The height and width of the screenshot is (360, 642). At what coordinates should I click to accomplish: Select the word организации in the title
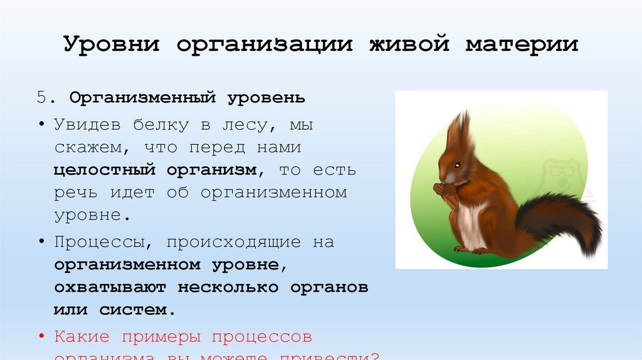pyautogui.click(x=263, y=46)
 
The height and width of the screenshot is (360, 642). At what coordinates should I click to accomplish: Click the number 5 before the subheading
pyautogui.click(x=41, y=98)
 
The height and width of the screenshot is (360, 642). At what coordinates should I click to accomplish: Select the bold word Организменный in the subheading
pyautogui.click(x=143, y=98)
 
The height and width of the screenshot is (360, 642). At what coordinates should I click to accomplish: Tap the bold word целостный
pyautogui.click(x=104, y=170)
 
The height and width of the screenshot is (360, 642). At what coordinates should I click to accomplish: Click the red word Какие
pyautogui.click(x=82, y=337)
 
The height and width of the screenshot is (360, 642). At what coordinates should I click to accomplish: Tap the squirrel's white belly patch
pyautogui.click(x=471, y=223)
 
